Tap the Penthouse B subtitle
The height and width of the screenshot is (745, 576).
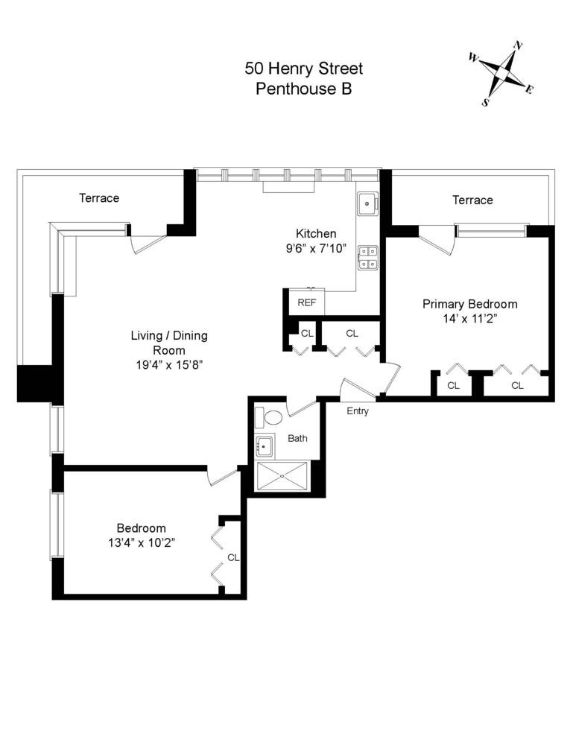coord(303,89)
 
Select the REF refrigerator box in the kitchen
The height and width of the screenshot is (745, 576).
coord(307,302)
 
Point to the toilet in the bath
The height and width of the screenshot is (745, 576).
coord(273,417)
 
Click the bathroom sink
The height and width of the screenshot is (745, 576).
coord(264,448)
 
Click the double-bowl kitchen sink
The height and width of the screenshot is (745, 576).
coord(368,258)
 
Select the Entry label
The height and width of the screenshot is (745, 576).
coord(358,410)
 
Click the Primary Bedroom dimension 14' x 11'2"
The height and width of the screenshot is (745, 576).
coord(469,318)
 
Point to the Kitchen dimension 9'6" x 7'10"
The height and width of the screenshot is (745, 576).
coord(316,248)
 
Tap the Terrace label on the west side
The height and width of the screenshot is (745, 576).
coord(99,198)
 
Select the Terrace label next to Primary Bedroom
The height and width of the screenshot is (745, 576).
coord(472,200)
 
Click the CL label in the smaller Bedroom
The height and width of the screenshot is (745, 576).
coord(232,557)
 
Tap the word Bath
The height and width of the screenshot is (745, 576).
coord(297,438)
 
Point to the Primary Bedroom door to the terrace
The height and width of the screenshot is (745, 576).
coord(436,240)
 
